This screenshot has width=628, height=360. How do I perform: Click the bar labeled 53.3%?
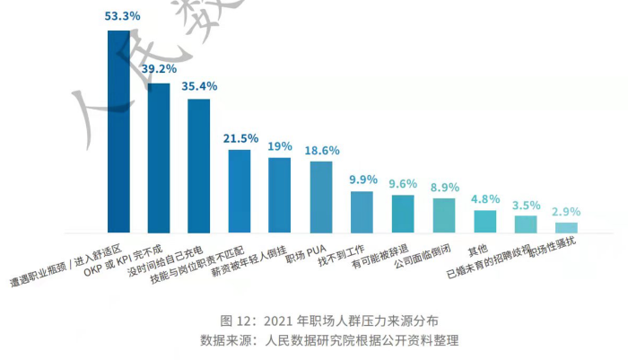(x=118, y=132)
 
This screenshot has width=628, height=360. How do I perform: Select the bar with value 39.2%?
(x=159, y=158)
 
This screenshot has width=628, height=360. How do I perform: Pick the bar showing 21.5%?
(x=240, y=191)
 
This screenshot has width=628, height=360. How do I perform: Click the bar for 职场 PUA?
(x=321, y=197)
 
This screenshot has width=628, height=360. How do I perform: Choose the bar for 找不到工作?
(x=362, y=212)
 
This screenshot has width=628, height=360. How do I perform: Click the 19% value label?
(x=280, y=146)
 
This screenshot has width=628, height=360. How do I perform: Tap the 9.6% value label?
(x=404, y=184)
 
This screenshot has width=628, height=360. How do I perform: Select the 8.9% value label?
(x=444, y=187)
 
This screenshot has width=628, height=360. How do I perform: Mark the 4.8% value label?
(x=485, y=198)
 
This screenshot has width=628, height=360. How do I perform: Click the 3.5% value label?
(x=526, y=205)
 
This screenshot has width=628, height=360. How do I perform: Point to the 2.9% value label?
(x=566, y=212)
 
